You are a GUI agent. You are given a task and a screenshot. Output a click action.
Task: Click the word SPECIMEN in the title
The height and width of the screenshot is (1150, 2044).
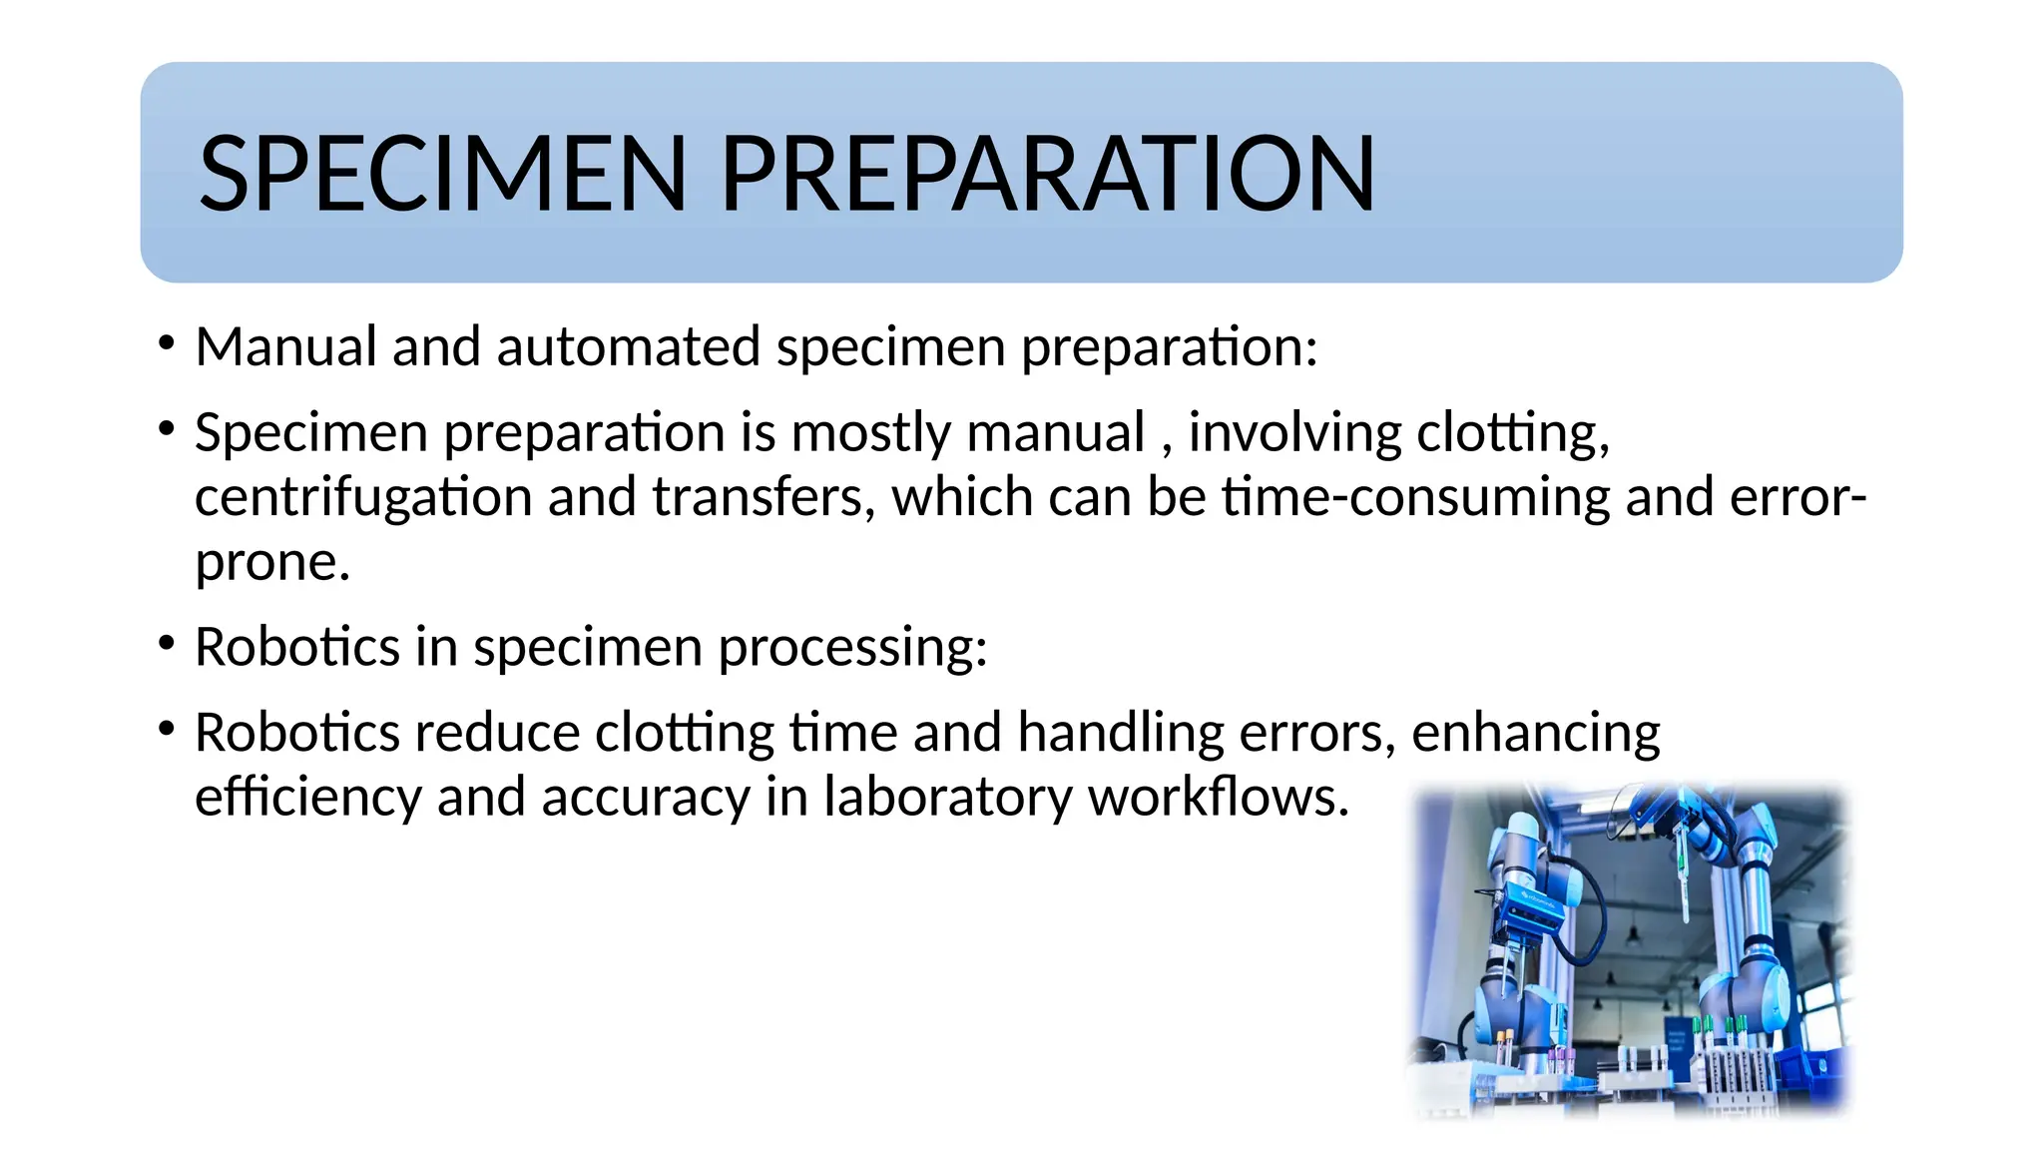[x=443, y=174]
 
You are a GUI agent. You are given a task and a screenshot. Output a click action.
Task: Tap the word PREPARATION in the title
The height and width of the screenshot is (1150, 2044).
[x=1047, y=174]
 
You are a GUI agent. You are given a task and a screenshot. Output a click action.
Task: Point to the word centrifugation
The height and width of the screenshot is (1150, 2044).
[x=363, y=497]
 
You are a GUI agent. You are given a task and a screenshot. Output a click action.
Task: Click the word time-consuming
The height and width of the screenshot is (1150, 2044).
[x=1415, y=497]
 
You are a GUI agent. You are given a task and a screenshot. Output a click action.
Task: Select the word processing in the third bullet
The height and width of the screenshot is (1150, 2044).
[x=852, y=647]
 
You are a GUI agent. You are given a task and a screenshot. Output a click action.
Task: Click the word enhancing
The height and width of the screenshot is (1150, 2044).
[x=1535, y=733]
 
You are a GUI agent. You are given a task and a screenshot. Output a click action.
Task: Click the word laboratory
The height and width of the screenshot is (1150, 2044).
[x=947, y=797]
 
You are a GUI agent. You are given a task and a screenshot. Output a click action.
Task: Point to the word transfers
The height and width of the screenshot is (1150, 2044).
[x=764, y=497]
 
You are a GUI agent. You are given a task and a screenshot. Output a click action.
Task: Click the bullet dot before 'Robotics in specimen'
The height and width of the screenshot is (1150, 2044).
[x=167, y=643]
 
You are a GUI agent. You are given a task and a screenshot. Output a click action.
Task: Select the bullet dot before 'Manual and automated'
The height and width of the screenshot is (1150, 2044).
[x=167, y=342]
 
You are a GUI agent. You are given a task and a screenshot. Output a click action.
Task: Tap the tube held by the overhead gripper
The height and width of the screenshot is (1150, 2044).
[x=1683, y=878]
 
